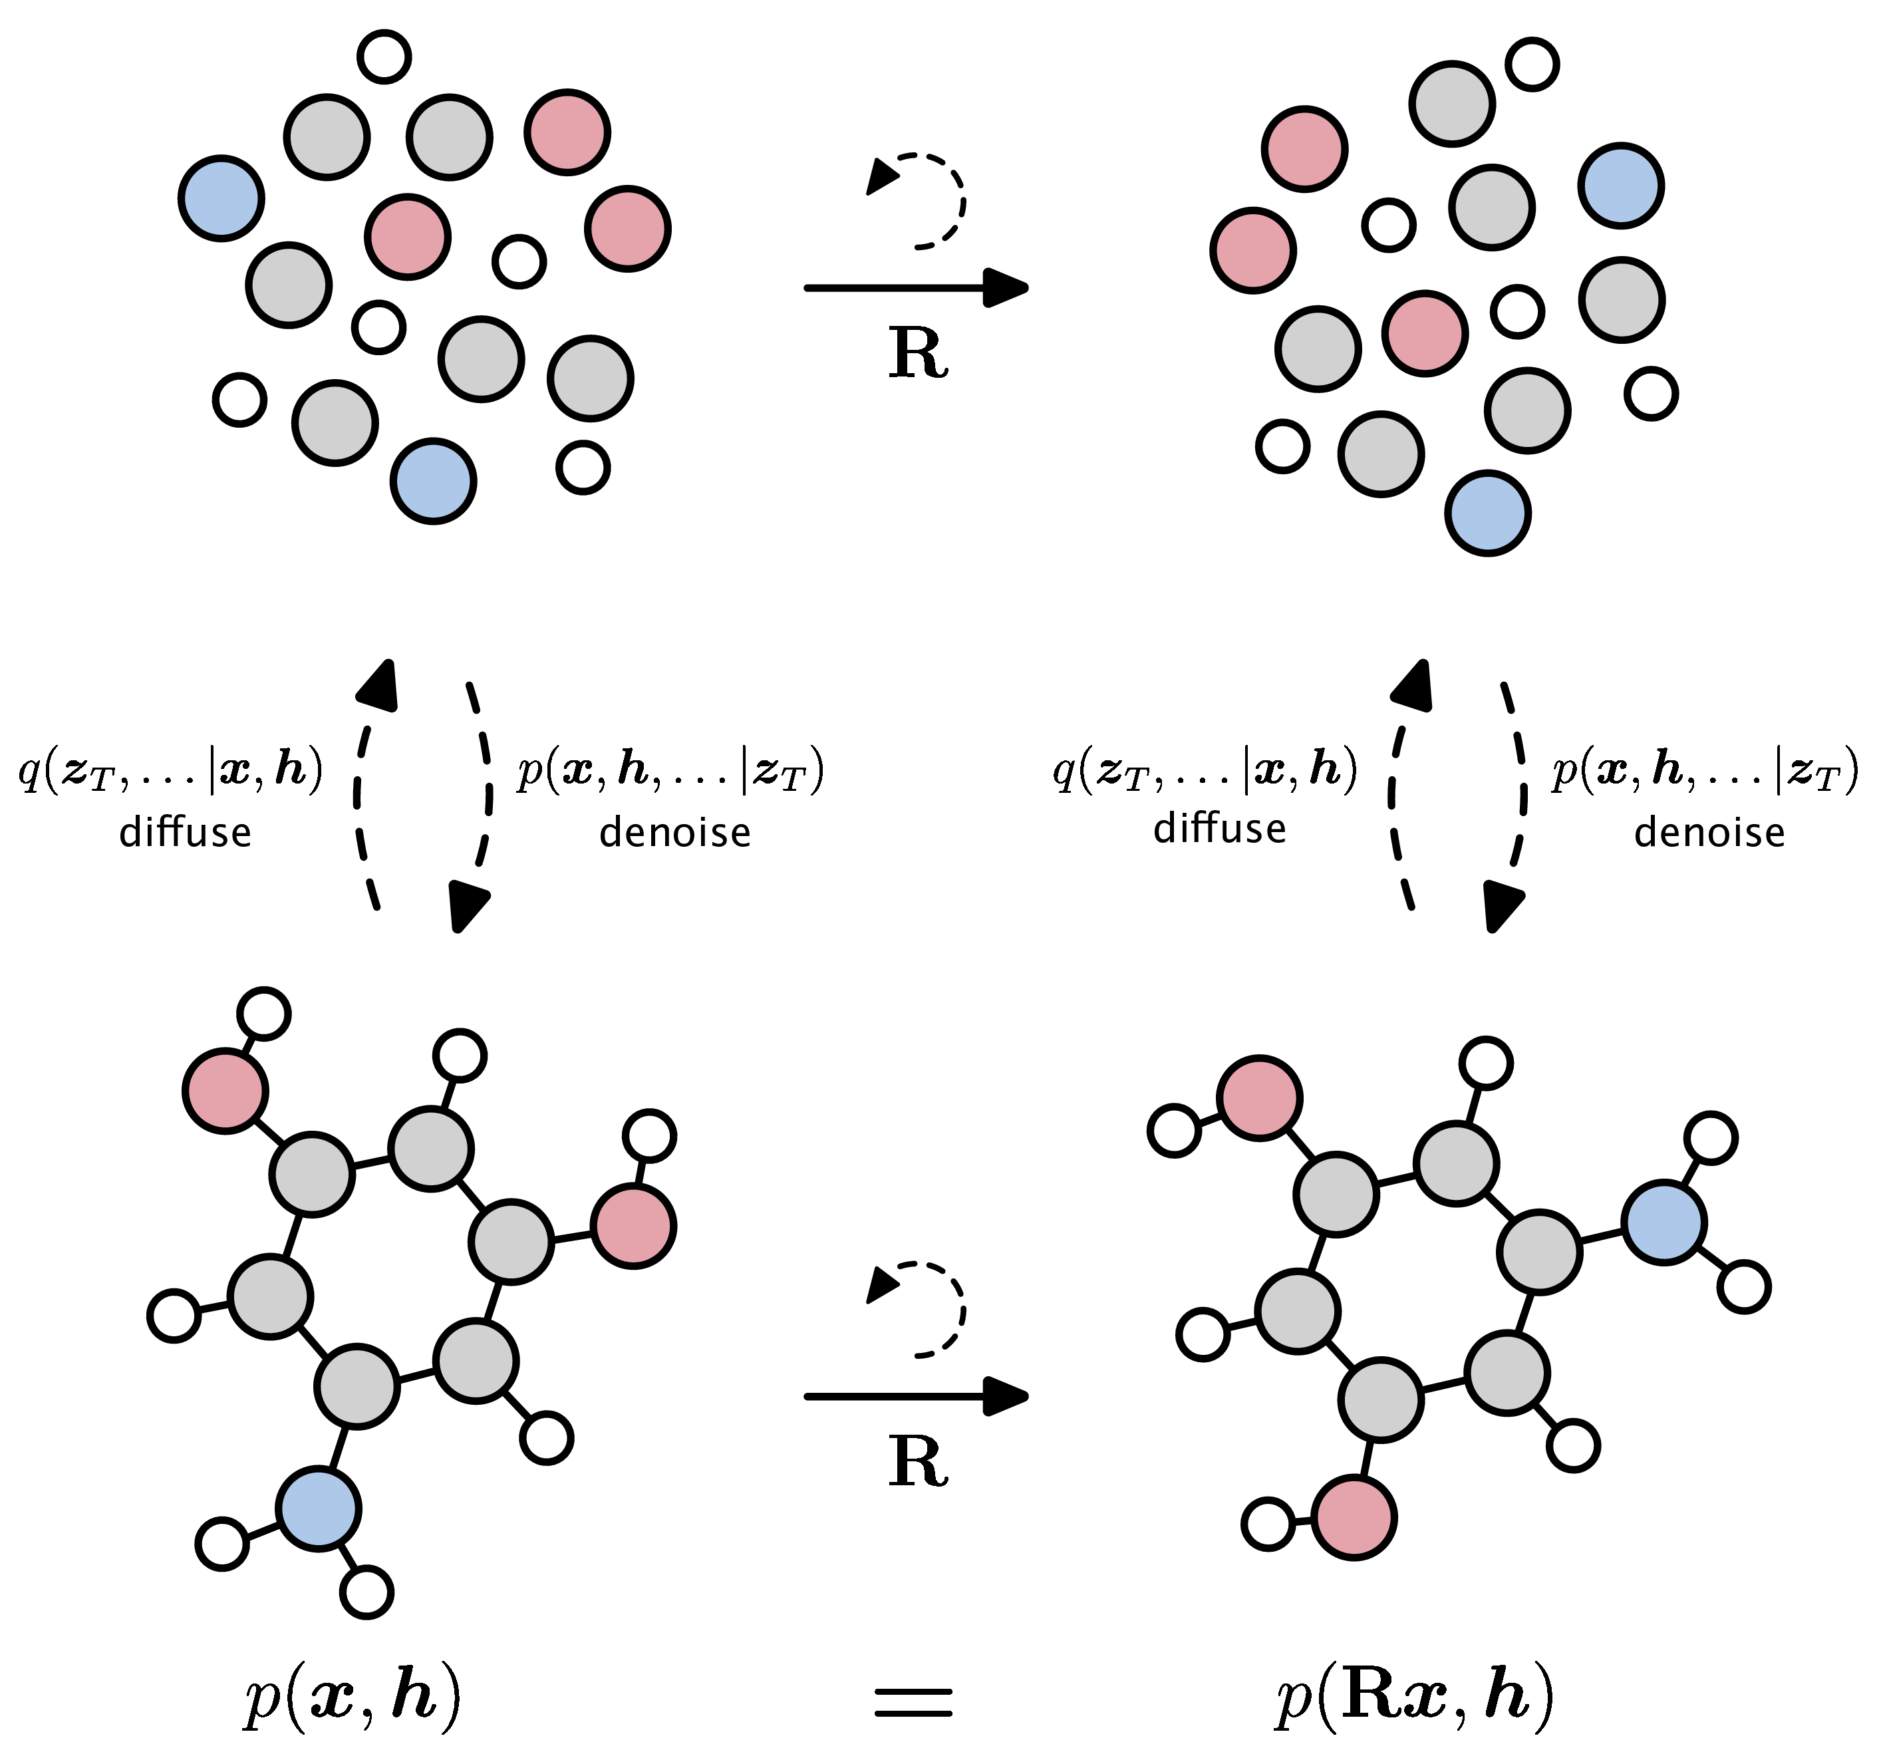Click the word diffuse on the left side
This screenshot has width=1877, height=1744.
(185, 831)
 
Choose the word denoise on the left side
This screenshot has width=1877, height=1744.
(674, 832)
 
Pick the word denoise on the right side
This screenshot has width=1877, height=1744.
(1709, 832)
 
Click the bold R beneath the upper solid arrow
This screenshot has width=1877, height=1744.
(917, 354)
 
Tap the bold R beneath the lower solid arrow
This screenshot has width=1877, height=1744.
(917, 1462)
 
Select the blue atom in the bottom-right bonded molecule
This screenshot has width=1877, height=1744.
(1663, 1221)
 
